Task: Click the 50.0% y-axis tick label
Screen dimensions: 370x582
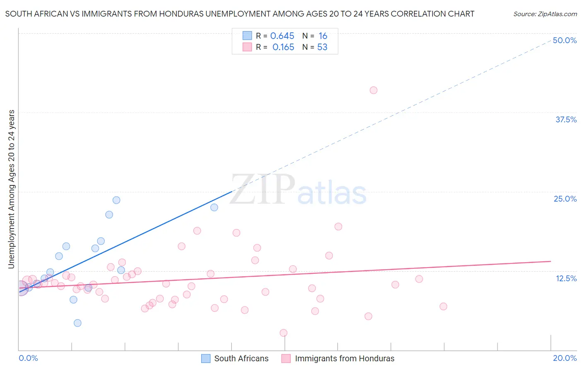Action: (565, 40)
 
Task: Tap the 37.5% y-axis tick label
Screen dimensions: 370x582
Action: (566, 119)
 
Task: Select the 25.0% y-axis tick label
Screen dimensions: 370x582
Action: (565, 199)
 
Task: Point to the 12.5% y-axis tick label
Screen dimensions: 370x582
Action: (566, 278)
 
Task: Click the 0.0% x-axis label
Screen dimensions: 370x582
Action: (28, 358)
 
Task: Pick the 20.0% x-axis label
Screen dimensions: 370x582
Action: (565, 358)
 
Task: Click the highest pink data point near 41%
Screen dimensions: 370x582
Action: (373, 90)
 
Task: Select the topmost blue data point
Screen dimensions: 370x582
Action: (116, 200)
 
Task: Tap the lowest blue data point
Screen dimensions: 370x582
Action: (77, 323)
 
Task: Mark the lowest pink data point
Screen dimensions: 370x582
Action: (284, 333)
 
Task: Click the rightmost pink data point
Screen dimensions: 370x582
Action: (443, 307)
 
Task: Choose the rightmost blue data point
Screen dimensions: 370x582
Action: (214, 207)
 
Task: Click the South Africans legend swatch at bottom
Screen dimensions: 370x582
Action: (206, 358)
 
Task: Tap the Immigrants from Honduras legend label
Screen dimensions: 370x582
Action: (344, 358)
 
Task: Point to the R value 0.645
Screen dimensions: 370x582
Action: (282, 36)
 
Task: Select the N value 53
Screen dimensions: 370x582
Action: (322, 47)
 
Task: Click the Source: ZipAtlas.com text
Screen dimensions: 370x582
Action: (545, 14)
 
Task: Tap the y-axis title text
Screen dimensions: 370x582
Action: (11, 189)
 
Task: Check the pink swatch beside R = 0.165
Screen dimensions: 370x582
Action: (247, 47)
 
